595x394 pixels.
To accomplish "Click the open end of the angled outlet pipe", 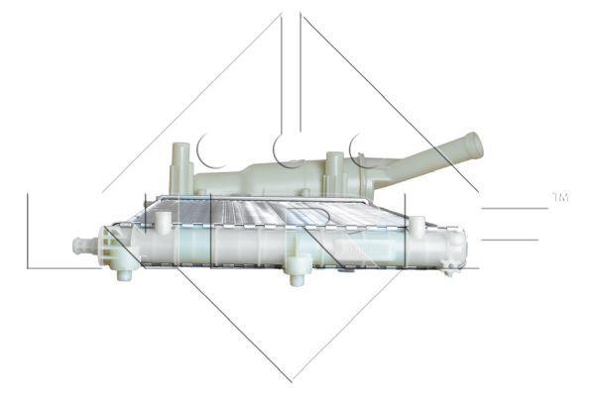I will [473, 146].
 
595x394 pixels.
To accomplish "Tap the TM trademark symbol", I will [559, 198].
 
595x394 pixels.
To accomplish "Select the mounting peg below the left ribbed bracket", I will [124, 272].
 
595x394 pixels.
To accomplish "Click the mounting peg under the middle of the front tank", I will [296, 275].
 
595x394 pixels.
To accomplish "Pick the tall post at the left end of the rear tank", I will [180, 162].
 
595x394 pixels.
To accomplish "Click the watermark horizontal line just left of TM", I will [516, 208].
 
